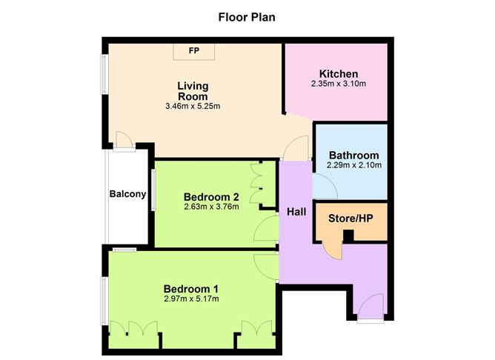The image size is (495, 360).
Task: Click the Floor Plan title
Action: [x=247, y=17]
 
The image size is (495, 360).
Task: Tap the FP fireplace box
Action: [x=194, y=51]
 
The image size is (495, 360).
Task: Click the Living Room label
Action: [x=192, y=91]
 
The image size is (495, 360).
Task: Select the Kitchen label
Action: [x=339, y=74]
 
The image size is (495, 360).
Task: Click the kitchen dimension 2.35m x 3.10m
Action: [x=339, y=84]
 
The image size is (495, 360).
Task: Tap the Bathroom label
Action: [x=354, y=156]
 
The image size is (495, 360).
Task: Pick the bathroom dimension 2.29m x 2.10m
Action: [x=354, y=165]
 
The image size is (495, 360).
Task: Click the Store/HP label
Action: [x=351, y=219]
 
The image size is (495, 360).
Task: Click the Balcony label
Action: [x=127, y=194]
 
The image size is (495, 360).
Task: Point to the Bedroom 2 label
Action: [x=211, y=197]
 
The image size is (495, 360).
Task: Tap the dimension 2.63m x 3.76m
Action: [x=211, y=207]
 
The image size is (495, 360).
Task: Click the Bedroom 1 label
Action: [x=190, y=288]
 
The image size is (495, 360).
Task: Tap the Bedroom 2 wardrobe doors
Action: [x=260, y=184]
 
